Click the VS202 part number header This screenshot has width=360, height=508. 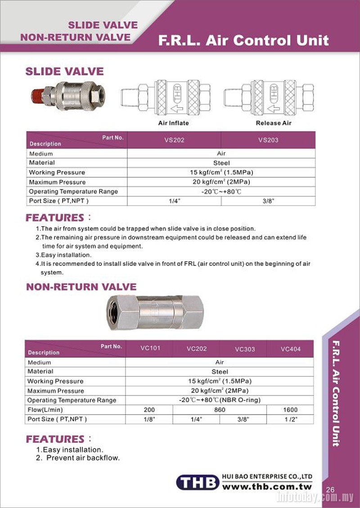[174, 140]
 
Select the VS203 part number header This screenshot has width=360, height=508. [268, 140]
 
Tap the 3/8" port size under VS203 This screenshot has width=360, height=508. [268, 201]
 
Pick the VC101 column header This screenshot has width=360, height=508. [150, 348]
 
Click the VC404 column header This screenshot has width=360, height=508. [290, 349]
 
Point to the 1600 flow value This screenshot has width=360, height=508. [291, 410]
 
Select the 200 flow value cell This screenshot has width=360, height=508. [149, 410]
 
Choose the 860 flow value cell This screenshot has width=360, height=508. [220, 410]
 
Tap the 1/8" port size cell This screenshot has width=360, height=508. [149, 419]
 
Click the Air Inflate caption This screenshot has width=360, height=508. [173, 123]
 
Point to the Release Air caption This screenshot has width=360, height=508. [274, 123]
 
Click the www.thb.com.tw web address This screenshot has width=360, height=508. [267, 487]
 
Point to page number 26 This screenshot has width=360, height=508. [330, 490]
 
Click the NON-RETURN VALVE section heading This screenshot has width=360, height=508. [81, 287]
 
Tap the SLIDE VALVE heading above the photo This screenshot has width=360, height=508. [64, 72]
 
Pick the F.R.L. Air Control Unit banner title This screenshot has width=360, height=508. [243, 40]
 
